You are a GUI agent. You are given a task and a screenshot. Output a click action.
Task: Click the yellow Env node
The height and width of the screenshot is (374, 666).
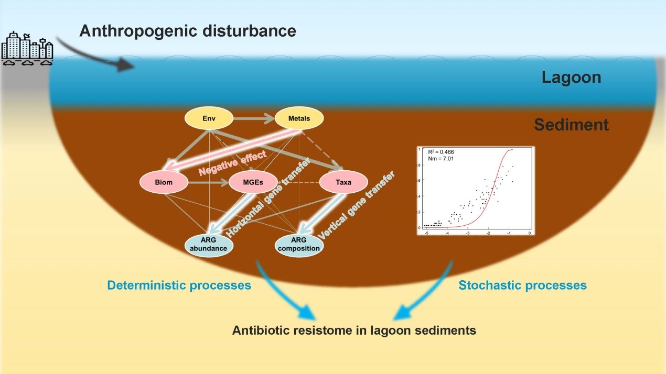coord(209,118)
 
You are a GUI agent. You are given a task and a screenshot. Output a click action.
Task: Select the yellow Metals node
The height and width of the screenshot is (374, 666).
coord(299,118)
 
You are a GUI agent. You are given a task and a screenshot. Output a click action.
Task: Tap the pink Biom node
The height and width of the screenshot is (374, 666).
coord(163,183)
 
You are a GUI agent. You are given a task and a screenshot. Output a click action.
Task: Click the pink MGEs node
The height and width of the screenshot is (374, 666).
coord(253,183)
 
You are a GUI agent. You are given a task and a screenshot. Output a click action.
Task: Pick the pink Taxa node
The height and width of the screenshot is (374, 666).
coord(343,183)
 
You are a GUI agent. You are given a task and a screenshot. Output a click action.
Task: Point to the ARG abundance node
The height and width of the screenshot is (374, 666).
coord(209,245)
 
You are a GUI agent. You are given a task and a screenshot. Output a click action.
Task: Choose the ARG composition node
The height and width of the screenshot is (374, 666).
coord(299,245)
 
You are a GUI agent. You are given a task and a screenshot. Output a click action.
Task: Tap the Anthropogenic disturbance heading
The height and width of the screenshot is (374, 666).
coord(188,31)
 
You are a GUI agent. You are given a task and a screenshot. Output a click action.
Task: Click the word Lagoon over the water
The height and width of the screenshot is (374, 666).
coord(571,78)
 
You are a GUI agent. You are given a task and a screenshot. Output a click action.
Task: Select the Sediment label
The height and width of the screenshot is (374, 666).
coord(572,125)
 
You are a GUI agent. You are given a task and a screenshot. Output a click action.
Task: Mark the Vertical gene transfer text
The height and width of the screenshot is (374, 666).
coord(357,206)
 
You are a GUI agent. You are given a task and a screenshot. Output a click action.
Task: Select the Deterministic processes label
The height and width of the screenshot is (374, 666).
coord(179,285)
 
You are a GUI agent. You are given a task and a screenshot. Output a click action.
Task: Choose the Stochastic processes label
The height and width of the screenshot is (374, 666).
coord(522,285)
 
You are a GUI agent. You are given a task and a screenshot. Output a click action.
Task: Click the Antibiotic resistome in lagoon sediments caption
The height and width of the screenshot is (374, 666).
coord(355,331)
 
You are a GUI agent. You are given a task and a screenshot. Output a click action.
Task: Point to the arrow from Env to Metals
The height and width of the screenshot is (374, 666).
coord(253,119)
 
